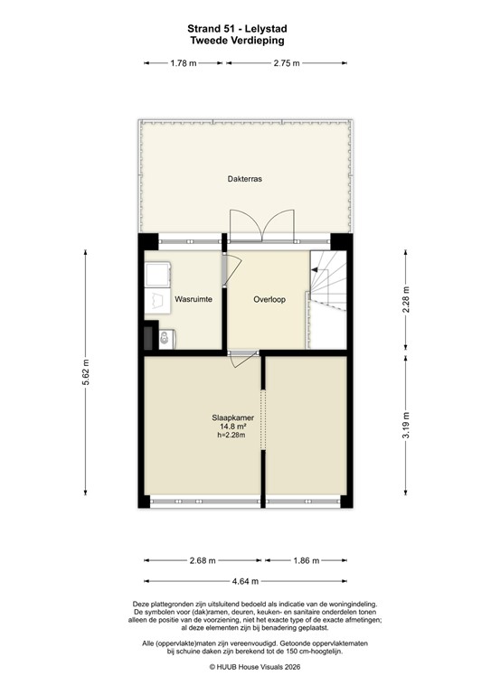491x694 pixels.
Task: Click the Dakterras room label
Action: tap(245, 180)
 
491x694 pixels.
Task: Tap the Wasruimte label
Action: tap(194, 299)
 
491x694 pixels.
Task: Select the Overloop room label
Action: tap(269, 299)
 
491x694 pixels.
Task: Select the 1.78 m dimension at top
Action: tap(184, 63)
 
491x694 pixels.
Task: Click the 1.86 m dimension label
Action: tap(307, 560)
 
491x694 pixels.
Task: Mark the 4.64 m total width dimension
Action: tap(245, 581)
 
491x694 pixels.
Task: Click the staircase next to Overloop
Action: tap(328, 282)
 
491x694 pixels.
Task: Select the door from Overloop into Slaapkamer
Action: tap(241, 358)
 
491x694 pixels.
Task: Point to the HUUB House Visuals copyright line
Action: tap(245, 668)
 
